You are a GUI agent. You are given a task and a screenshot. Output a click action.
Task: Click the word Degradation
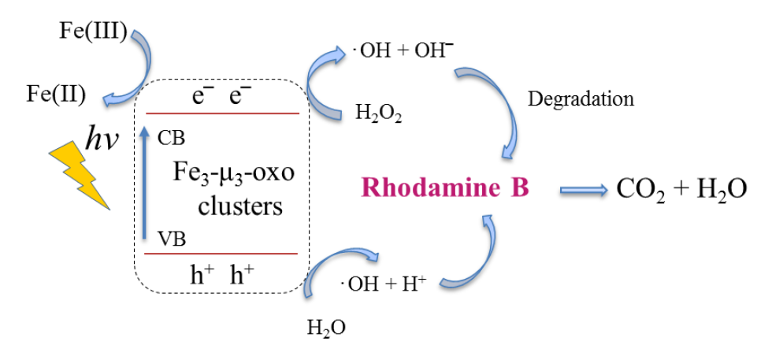[x=581, y=100]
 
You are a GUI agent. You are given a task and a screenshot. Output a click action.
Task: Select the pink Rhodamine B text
[x=445, y=190]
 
